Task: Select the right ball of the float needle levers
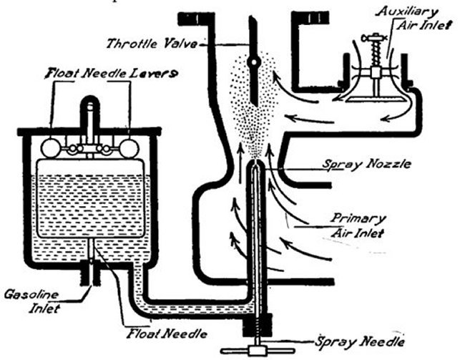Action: coord(129,148)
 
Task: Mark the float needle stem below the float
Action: coord(93,251)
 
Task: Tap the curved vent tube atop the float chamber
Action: coord(90,107)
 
